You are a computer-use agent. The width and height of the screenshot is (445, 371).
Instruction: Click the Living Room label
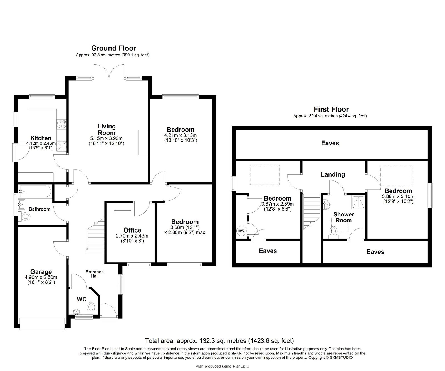(x=107, y=130)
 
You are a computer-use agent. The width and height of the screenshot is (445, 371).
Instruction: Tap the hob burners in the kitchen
(x=61, y=124)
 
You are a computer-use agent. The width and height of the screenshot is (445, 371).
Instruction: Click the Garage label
(x=41, y=272)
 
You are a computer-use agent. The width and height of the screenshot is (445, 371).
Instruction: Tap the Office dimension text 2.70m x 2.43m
(x=132, y=236)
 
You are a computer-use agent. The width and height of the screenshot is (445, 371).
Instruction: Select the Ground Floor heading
(x=114, y=48)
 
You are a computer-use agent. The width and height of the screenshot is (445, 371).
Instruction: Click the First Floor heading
(x=331, y=109)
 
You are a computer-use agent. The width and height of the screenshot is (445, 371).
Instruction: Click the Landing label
(x=333, y=174)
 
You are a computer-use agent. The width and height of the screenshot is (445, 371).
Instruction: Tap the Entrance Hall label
(x=95, y=274)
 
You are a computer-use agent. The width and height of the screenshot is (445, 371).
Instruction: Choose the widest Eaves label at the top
(x=330, y=143)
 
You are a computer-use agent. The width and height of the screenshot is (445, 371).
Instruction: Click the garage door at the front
(x=42, y=324)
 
